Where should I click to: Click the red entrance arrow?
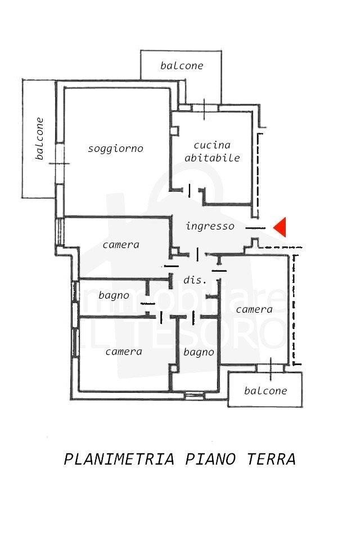point(281,227)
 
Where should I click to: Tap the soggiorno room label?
point(115,148)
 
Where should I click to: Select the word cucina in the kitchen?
point(212,145)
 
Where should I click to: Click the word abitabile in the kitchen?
point(212,157)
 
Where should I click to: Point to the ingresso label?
point(210,226)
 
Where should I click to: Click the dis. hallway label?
point(195,280)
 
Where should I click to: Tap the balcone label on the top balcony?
point(182,65)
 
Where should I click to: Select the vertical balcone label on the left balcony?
point(39,138)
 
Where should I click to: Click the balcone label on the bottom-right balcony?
point(265,390)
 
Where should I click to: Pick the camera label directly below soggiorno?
point(121,245)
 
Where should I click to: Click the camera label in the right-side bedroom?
point(254,309)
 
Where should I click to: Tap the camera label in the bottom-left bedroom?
point(124,352)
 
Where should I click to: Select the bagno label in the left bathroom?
point(114,295)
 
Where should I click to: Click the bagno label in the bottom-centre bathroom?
point(199,352)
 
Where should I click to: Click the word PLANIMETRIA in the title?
point(119,459)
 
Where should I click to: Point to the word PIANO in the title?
point(210,459)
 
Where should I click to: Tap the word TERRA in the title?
point(271,459)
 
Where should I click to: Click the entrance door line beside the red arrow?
point(255,228)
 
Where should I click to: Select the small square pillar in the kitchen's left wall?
point(175,131)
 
